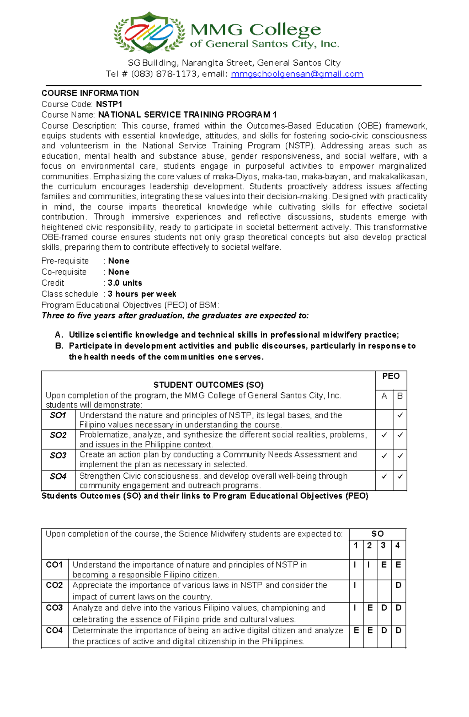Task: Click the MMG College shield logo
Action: (x=149, y=32)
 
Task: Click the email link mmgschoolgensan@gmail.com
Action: (x=297, y=74)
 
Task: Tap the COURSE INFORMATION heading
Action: (x=90, y=93)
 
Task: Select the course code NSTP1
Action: (x=109, y=104)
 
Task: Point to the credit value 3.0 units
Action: (x=125, y=283)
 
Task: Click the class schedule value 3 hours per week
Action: (x=142, y=294)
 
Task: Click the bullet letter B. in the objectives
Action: (x=59, y=346)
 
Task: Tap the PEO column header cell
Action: (x=391, y=376)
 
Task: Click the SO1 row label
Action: (x=58, y=415)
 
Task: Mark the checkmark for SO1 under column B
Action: (x=400, y=415)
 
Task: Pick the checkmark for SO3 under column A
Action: (x=384, y=456)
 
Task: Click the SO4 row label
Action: (x=58, y=476)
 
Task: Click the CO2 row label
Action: (x=54, y=585)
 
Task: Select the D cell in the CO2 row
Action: (x=398, y=585)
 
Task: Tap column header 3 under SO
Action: (x=383, y=545)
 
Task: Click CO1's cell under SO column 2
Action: (x=369, y=565)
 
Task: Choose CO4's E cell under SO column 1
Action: (x=356, y=631)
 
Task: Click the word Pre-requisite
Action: (x=65, y=261)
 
